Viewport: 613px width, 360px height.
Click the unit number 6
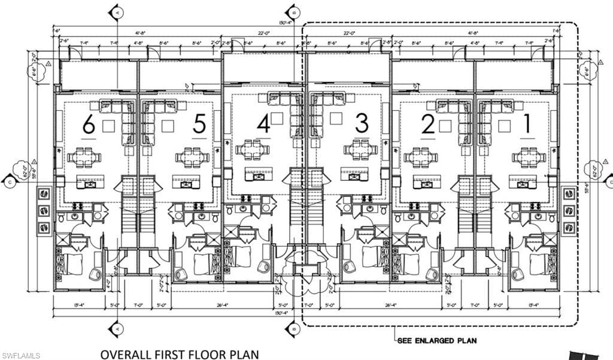[89, 125]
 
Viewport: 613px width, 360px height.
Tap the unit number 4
[263, 123]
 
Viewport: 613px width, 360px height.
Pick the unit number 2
[427, 125]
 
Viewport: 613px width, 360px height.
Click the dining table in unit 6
[80, 158]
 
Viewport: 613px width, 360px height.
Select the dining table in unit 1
[529, 158]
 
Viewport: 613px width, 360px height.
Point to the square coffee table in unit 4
[277, 118]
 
